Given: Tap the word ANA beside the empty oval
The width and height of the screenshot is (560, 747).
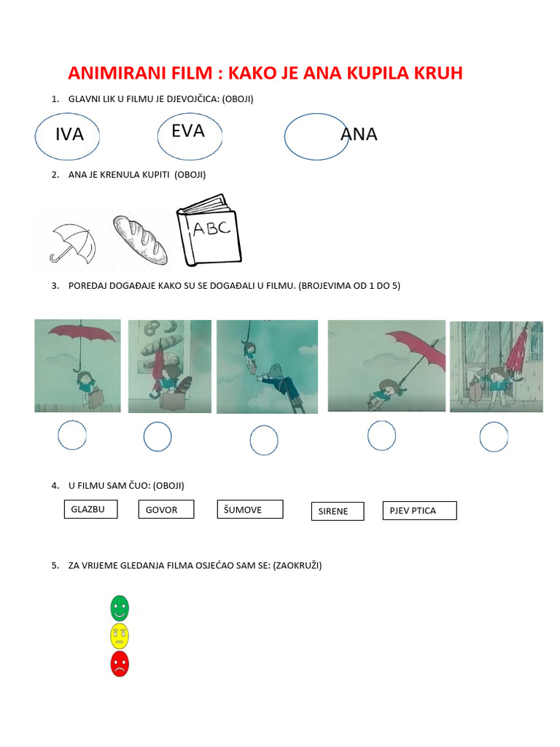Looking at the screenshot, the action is (x=359, y=134).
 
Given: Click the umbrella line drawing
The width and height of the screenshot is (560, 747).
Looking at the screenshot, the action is (x=73, y=244).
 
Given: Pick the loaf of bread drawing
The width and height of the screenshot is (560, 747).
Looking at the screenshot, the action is (x=140, y=239).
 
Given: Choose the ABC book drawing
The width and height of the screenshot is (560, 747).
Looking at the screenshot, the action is (x=209, y=230).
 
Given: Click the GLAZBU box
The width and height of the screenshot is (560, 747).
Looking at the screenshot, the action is (x=90, y=508).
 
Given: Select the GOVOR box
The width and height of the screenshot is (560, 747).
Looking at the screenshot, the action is (x=166, y=509).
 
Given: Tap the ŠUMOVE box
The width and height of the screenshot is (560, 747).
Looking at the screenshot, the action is (x=250, y=509).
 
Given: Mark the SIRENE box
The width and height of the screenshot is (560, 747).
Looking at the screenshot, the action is (x=338, y=511).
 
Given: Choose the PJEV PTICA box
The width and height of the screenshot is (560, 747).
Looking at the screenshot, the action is (x=419, y=510).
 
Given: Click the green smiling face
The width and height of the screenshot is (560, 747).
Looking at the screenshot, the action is (x=120, y=608).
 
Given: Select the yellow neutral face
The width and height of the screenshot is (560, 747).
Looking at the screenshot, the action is (x=120, y=636).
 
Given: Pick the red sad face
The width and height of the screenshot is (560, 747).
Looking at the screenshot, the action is (x=120, y=664).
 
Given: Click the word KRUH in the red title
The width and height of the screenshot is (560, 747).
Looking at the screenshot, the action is (x=438, y=73).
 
